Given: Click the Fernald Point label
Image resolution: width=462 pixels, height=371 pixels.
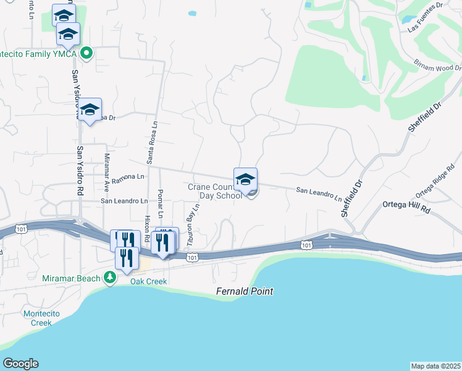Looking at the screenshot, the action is point(245,291).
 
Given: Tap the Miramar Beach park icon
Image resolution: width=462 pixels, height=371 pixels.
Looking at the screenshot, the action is point(110,278).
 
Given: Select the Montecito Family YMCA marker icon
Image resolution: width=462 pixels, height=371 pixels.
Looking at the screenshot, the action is point(87,53).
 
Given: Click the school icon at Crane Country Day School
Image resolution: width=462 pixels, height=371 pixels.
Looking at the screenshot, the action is point(245,179).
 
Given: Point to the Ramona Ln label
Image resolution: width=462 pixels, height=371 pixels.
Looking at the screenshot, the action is point(128,177).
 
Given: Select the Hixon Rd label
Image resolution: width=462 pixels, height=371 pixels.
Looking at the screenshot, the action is point(147,228).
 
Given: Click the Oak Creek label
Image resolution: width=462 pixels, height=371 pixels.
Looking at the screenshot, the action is point(148,281).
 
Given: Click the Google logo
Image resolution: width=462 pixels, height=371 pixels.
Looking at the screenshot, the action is point(21,363).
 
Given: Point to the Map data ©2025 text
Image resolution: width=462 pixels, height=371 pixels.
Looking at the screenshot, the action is point(435,366).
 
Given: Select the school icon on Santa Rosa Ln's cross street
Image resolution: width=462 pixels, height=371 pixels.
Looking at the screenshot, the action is point(90,109).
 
